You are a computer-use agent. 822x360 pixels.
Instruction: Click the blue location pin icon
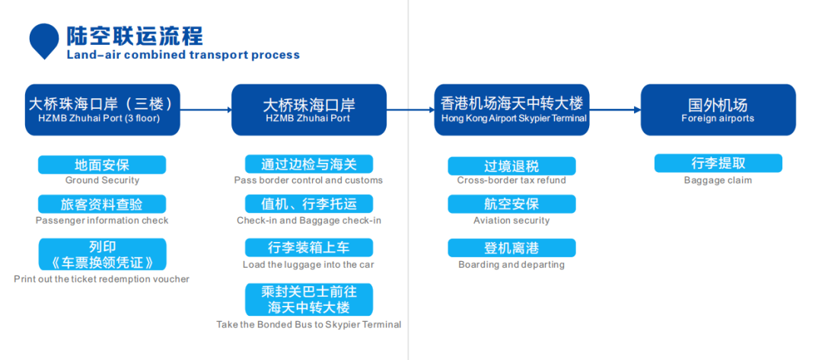(x=44, y=40)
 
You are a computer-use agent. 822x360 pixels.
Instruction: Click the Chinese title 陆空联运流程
(x=134, y=37)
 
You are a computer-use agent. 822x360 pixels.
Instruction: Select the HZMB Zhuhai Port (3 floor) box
(x=102, y=110)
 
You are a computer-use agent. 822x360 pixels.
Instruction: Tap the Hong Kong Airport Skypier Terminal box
(x=511, y=110)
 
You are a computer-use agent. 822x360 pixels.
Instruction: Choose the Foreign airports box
(x=718, y=110)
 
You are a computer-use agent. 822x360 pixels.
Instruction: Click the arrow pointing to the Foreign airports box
(x=615, y=110)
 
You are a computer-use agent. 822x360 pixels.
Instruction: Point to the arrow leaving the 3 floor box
(x=205, y=110)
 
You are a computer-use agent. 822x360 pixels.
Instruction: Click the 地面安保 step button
(x=102, y=165)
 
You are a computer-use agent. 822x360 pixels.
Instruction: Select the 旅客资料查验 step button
(x=102, y=205)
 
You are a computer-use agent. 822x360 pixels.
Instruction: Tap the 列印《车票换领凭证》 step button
(x=102, y=255)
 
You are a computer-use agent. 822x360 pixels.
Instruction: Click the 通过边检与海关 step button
(x=309, y=164)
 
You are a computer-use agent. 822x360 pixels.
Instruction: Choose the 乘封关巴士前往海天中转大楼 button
(x=309, y=300)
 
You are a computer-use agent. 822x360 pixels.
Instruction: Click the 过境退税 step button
(x=511, y=166)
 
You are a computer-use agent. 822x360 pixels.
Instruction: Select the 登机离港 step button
(x=511, y=248)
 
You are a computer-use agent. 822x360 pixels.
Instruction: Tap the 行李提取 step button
(x=718, y=164)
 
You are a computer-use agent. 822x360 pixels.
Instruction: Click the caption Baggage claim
(x=718, y=181)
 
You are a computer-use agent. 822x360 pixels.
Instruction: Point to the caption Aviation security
(x=511, y=221)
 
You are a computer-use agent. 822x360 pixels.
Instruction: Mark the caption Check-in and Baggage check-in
(x=309, y=221)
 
